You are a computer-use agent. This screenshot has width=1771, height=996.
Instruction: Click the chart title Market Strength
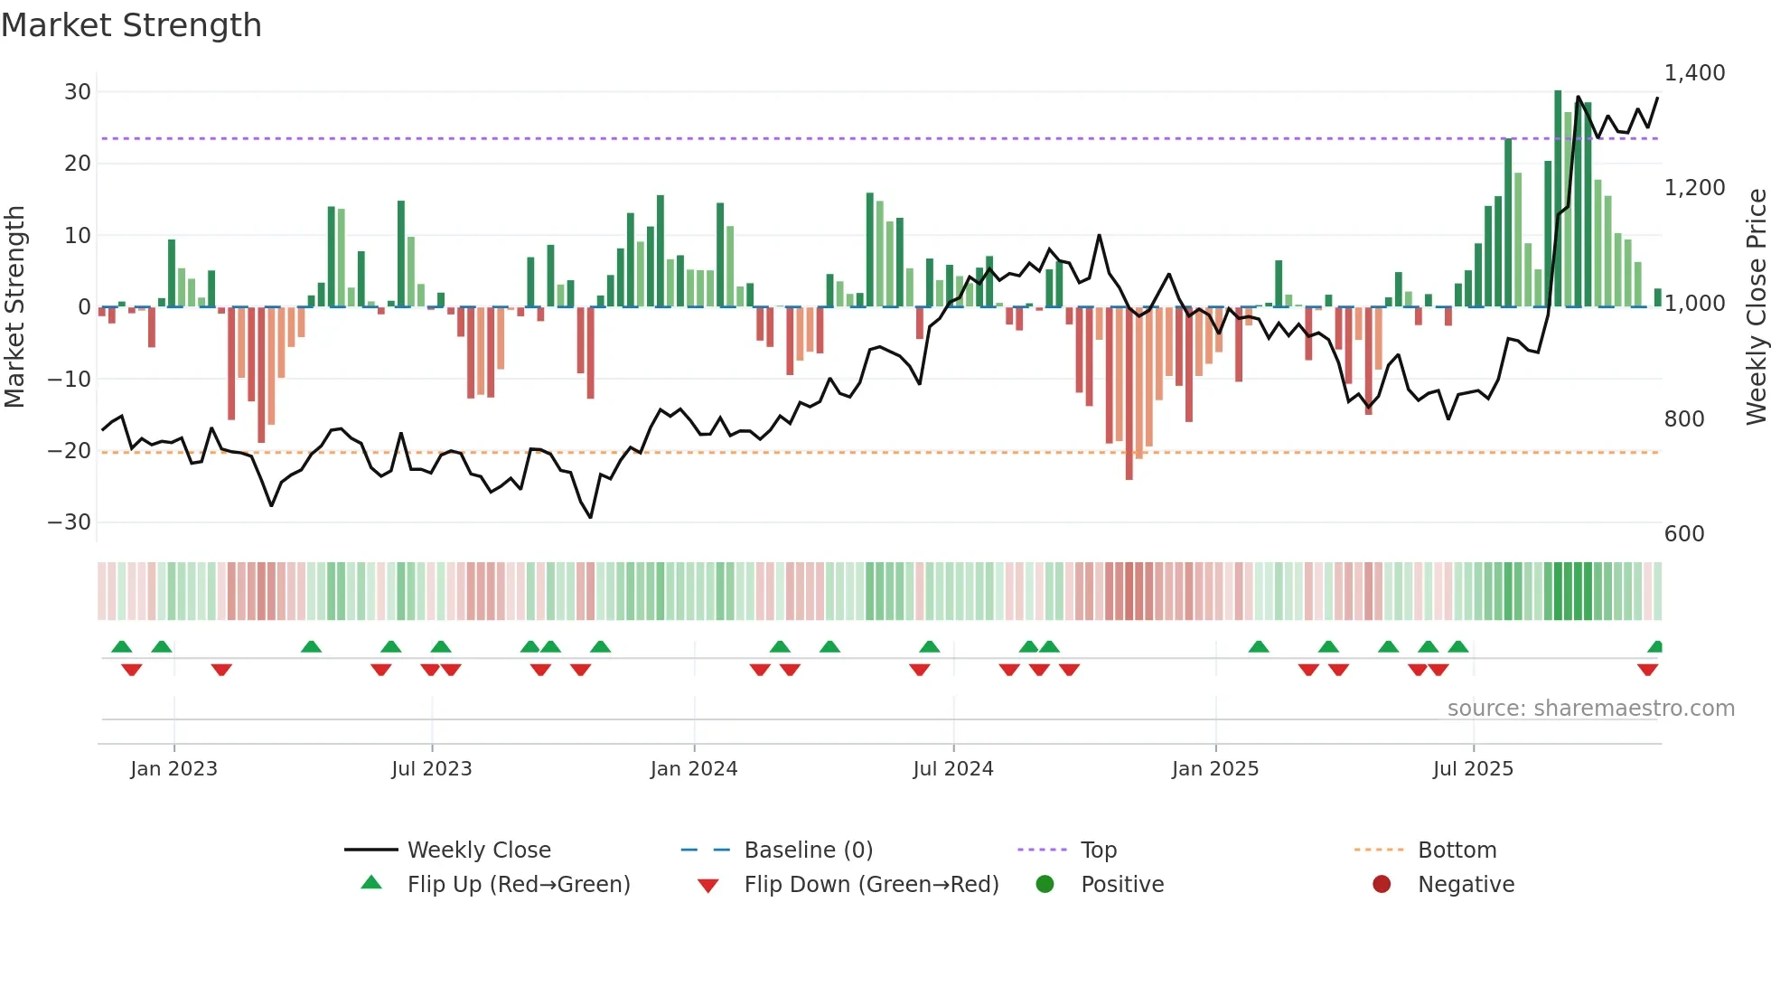(x=131, y=25)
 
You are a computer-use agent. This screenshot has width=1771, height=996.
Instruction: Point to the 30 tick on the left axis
(x=78, y=91)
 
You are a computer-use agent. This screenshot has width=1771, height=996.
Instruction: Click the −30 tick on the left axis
(x=70, y=522)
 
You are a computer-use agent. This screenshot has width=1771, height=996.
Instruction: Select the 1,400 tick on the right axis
(x=1694, y=73)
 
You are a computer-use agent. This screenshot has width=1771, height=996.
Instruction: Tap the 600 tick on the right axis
(x=1684, y=534)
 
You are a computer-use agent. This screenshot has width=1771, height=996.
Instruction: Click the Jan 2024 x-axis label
(x=694, y=769)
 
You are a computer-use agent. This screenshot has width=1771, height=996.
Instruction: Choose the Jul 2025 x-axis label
(x=1473, y=769)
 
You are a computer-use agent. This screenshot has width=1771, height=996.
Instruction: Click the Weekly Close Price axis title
(x=1756, y=307)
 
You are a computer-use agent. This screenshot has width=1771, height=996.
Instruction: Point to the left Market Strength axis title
(x=15, y=307)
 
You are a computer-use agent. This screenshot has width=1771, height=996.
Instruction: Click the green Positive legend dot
(x=1045, y=885)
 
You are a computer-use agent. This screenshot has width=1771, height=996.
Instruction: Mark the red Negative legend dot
(x=1382, y=885)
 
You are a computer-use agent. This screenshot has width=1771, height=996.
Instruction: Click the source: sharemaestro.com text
(x=1590, y=709)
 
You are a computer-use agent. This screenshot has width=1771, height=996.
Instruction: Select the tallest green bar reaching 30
(x=1558, y=199)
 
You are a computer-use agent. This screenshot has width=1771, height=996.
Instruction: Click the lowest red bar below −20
(x=1129, y=393)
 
